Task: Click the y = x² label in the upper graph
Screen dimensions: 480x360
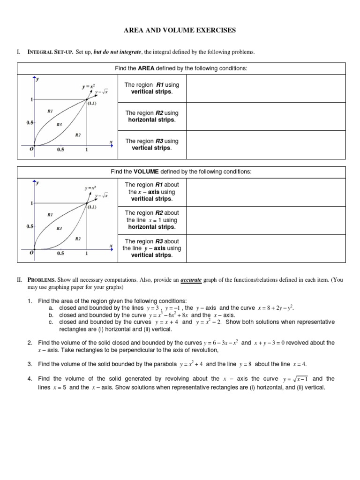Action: pyautogui.click(x=89, y=87)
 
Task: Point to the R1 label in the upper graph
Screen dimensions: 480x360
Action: pyautogui.click(x=51, y=111)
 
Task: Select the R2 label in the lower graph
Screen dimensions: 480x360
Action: pyautogui.click(x=78, y=239)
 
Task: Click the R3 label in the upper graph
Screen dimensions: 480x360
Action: pyautogui.click(x=59, y=125)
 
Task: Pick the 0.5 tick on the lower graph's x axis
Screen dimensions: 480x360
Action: pyautogui.click(x=61, y=254)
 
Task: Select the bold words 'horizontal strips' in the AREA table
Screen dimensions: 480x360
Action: pyautogui.click(x=151, y=120)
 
